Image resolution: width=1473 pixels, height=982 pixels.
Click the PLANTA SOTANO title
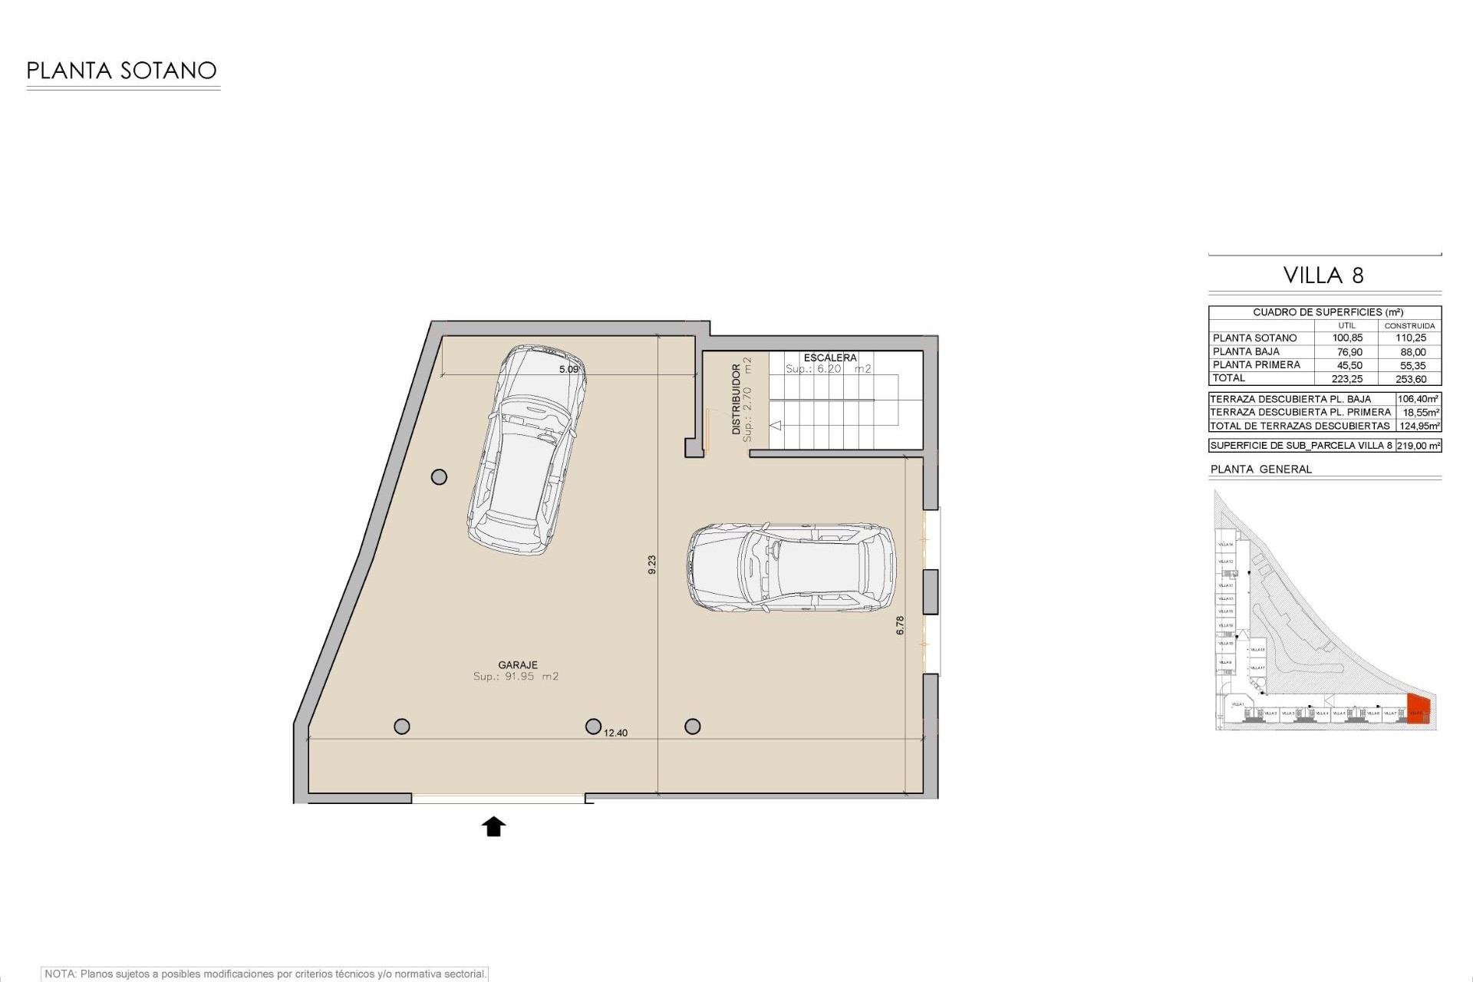click(x=121, y=71)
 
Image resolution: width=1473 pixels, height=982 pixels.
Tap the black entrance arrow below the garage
click(x=494, y=826)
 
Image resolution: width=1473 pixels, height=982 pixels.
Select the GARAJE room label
click(x=518, y=665)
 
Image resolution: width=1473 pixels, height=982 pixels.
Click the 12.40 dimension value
click(x=615, y=733)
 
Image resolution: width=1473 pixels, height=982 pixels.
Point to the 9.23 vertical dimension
click(x=652, y=565)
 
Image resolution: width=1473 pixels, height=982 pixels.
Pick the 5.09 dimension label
click(x=568, y=369)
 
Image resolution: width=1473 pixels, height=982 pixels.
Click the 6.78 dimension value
click(x=900, y=625)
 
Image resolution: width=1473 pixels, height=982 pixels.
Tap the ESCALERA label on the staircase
click(x=830, y=358)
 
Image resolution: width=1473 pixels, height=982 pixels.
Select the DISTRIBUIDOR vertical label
click(x=736, y=400)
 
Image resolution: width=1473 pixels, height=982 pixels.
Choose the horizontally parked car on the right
click(x=791, y=568)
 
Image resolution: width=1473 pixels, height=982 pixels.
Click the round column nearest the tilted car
click(x=439, y=477)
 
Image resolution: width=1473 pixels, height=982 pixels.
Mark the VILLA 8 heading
click(x=1324, y=275)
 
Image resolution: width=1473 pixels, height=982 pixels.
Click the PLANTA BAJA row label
click(x=1246, y=351)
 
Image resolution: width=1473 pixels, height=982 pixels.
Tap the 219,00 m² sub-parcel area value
click(x=1418, y=446)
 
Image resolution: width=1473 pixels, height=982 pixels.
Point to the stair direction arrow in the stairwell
click(x=776, y=425)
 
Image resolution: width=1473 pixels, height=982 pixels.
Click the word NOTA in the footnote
click(x=60, y=974)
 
